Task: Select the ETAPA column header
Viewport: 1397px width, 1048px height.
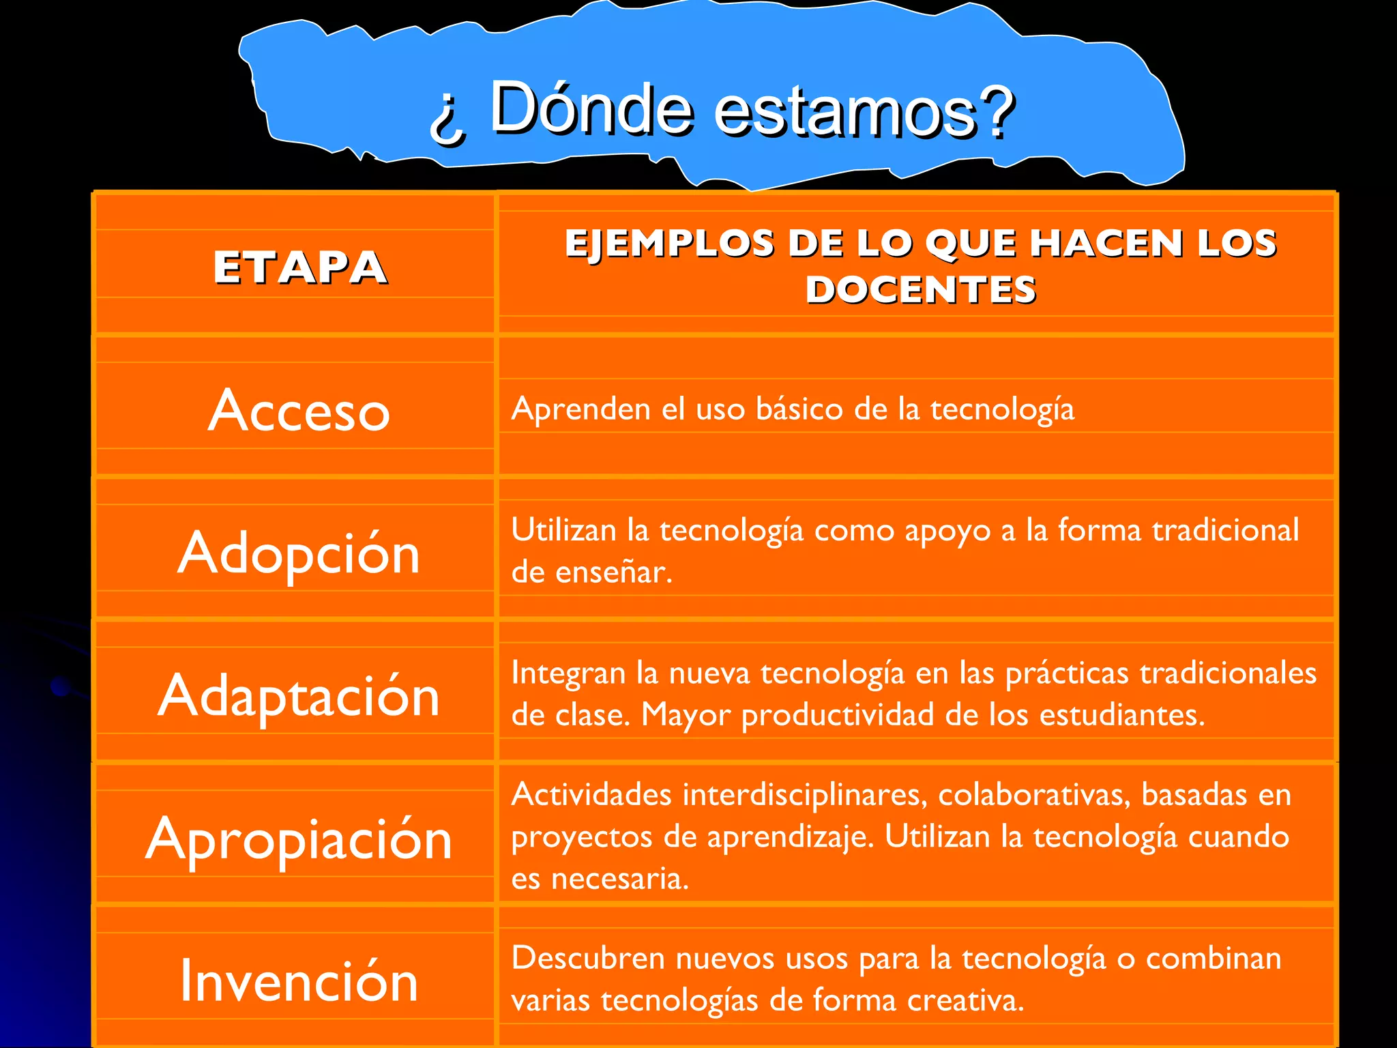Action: [300, 267]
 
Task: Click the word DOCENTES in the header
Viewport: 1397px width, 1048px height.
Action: [920, 289]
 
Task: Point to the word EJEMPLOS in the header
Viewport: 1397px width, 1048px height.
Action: [669, 244]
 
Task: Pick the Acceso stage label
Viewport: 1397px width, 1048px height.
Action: [299, 411]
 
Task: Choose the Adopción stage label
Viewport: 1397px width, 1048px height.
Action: [299, 553]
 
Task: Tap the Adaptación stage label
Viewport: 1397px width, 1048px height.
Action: [299, 696]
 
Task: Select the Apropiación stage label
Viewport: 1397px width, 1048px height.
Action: [299, 839]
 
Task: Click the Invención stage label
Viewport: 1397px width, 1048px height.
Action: [299, 981]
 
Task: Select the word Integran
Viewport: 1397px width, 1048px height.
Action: [568, 673]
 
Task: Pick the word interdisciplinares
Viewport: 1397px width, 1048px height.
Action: [805, 795]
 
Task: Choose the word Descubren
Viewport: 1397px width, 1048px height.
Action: [588, 959]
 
